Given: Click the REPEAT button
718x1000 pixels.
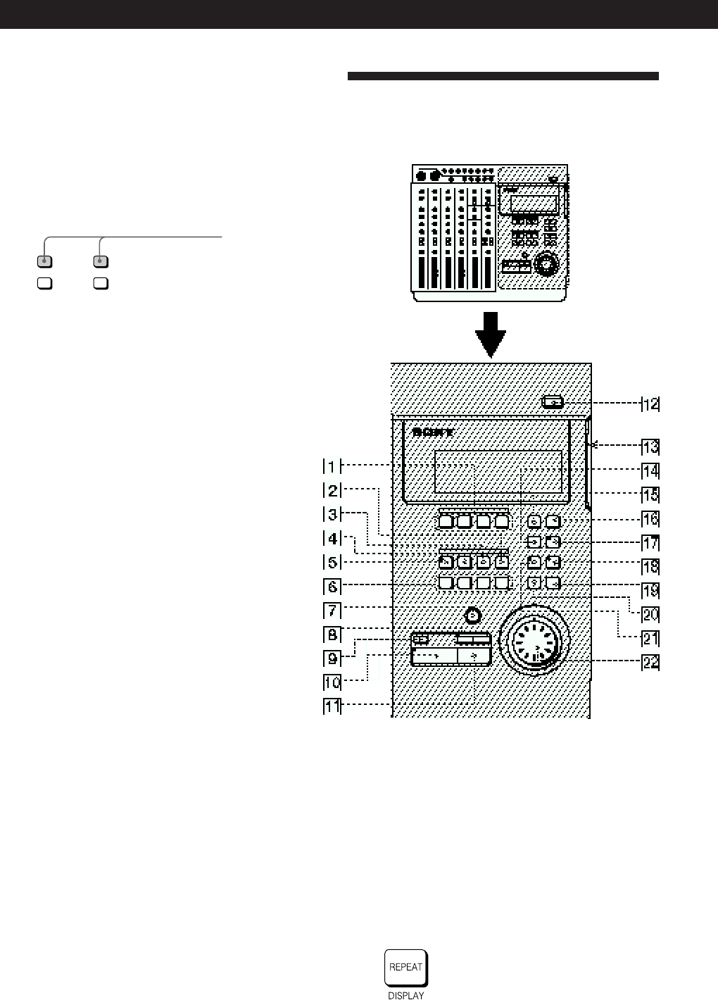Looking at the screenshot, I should click(x=406, y=968).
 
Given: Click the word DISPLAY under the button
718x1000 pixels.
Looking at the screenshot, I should click(x=406, y=995).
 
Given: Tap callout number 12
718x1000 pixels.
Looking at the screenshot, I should click(x=650, y=404).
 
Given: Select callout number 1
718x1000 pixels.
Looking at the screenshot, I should click(x=332, y=466).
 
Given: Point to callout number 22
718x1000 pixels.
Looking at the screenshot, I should click(x=650, y=662).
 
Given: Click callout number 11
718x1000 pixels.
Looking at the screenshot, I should click(x=332, y=706).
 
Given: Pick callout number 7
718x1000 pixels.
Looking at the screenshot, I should click(x=332, y=611).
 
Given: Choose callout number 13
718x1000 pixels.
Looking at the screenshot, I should click(x=650, y=446).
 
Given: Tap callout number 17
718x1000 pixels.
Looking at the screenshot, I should click(x=650, y=542).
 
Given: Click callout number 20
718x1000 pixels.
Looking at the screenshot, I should click(x=650, y=614).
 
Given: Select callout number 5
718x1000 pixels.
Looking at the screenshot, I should click(x=332, y=563).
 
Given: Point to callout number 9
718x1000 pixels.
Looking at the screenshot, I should click(x=332, y=658).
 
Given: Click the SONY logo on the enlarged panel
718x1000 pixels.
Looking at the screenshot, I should click(x=433, y=432).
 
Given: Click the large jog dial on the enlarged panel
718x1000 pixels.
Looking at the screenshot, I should click(x=535, y=642).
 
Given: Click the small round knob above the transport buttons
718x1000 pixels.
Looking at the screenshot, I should click(x=474, y=615).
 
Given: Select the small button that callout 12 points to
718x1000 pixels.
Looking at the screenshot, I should click(x=553, y=402).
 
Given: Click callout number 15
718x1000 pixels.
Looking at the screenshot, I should click(x=650, y=494).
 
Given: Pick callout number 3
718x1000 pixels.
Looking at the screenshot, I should click(x=332, y=514).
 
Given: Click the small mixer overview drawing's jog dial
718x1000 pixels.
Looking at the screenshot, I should click(x=544, y=265).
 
